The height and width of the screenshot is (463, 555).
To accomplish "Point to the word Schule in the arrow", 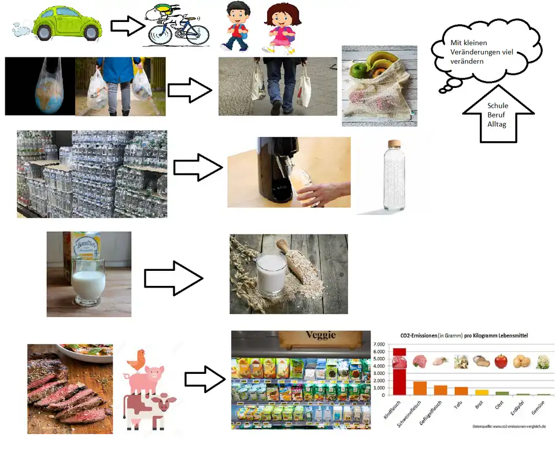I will (x=498, y=106).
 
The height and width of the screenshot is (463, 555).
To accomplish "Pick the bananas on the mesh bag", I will (x=382, y=63).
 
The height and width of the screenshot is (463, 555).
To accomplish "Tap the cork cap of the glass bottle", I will (x=394, y=144).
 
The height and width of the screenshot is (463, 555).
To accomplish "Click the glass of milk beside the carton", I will (x=88, y=280).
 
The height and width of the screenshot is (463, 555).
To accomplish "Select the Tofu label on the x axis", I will (x=458, y=403).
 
